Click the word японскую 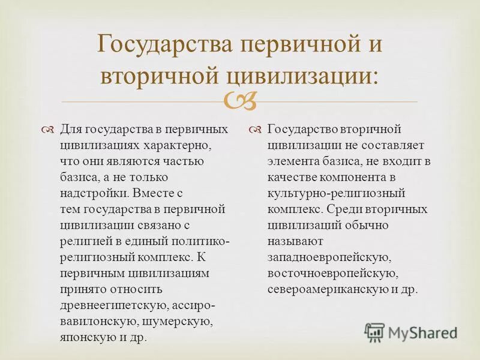click(x=85, y=337)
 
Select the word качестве click(x=291, y=178)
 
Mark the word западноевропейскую click(x=330, y=257)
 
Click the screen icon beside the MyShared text click(x=374, y=332)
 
